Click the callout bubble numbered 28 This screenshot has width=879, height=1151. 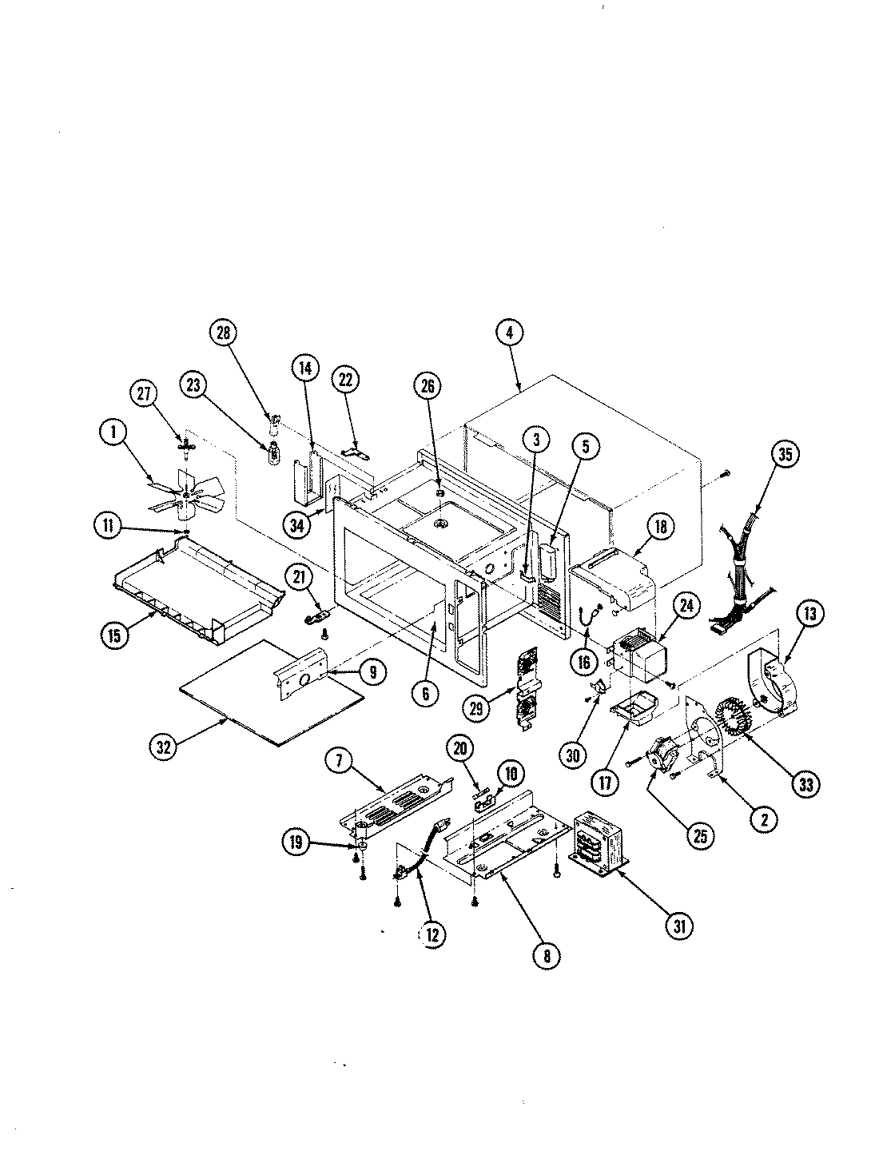pos(223,333)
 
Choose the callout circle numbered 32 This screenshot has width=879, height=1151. pos(163,747)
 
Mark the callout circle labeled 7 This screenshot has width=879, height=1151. pos(339,762)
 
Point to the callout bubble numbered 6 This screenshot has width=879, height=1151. pos(425,693)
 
